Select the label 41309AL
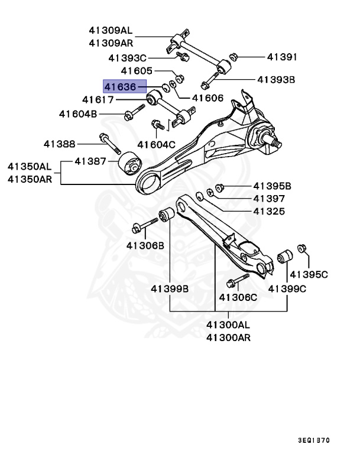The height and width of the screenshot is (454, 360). coord(111,29)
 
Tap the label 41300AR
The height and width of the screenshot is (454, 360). coord(228,338)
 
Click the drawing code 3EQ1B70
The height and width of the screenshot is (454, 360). coord(314,440)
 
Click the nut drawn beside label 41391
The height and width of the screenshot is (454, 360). coord(232,57)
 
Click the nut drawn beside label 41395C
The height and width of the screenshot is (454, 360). coord(303,249)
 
